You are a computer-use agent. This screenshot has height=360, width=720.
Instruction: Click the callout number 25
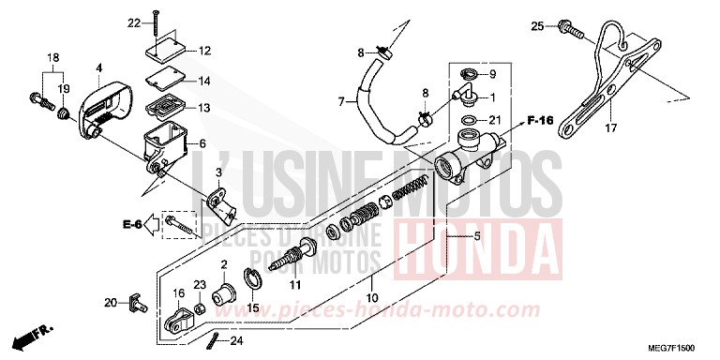(x=537, y=24)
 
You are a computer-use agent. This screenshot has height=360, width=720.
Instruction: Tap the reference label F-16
(x=538, y=121)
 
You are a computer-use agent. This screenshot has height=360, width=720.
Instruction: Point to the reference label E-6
(x=131, y=224)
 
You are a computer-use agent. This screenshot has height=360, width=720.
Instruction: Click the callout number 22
(x=132, y=22)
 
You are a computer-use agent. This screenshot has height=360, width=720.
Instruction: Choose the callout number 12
(x=204, y=51)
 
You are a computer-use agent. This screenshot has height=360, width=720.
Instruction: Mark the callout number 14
(x=204, y=82)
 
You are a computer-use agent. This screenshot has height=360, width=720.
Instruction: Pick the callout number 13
(x=204, y=108)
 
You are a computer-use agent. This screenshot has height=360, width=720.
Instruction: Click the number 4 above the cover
(x=97, y=67)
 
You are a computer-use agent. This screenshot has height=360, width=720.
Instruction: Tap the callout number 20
(x=110, y=302)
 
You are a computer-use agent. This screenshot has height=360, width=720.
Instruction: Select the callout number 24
(x=236, y=341)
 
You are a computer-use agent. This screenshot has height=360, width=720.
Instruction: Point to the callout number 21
(x=496, y=121)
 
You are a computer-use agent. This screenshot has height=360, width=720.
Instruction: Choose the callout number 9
(x=496, y=74)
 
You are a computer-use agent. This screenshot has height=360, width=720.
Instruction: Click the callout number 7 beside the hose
(x=342, y=100)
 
